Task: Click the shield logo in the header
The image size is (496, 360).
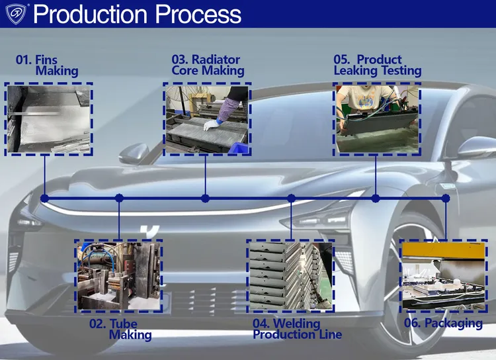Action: tap(16, 15)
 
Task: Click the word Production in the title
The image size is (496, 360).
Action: tap(90, 15)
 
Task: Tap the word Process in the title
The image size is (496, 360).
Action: tap(198, 15)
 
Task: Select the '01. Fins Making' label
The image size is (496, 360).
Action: tap(47, 66)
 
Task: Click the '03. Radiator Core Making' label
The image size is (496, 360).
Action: tap(208, 65)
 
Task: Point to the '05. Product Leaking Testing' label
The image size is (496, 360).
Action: tap(378, 65)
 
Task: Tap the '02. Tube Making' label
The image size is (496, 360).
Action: tap(120, 330)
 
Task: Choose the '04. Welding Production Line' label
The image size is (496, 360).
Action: tap(298, 329)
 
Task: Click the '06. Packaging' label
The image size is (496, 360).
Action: tap(443, 323)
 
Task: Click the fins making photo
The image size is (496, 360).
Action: tap(49, 119)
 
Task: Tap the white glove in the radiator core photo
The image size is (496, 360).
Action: tap(210, 125)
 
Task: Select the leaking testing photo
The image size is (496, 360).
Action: tap(377, 119)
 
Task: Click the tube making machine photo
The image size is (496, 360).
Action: tap(118, 276)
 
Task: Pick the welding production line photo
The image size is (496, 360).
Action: tap(291, 276)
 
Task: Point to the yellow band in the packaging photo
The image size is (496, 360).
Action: tap(444, 250)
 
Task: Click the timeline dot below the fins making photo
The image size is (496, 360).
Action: tap(44, 199)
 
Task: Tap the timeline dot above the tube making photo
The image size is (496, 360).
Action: tap(119, 199)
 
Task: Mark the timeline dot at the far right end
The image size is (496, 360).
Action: tap(445, 199)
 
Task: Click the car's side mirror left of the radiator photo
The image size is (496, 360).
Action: tap(134, 153)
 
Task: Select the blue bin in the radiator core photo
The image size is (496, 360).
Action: tap(239, 148)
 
